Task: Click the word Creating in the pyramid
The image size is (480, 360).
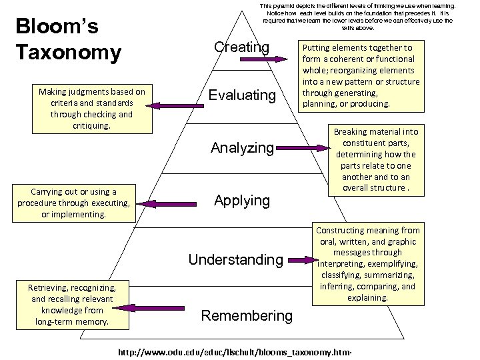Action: pyautogui.click(x=241, y=47)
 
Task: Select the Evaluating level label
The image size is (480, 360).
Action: pyautogui.click(x=241, y=95)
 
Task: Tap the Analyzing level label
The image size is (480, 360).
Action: pyautogui.click(x=242, y=147)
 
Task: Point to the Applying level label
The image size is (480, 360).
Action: pyautogui.click(x=241, y=200)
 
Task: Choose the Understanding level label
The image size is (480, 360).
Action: pyautogui.click(x=236, y=259)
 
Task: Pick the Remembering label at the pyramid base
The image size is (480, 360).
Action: pyautogui.click(x=247, y=315)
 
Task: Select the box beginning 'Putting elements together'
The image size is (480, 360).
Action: pyautogui.click(x=360, y=75)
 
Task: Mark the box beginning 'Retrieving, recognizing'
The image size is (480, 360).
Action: pyautogui.click(x=71, y=305)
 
